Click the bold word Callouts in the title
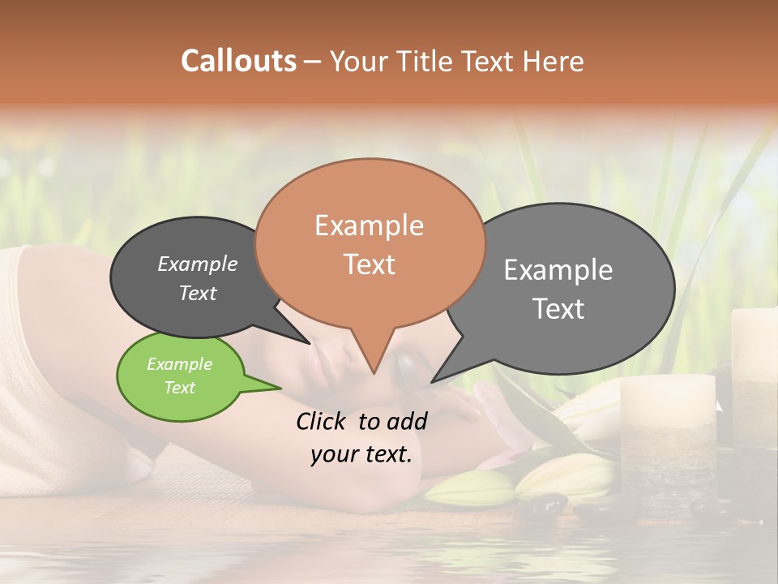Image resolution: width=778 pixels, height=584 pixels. click(238, 61)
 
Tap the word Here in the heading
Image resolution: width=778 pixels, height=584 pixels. click(553, 61)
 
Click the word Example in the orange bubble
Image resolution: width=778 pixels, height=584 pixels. click(369, 225)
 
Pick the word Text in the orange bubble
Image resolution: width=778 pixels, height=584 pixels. click(369, 264)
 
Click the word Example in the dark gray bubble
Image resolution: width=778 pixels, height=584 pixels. click(198, 264)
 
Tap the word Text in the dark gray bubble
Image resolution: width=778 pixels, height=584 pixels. click(198, 293)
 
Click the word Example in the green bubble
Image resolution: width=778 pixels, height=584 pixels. click(179, 364)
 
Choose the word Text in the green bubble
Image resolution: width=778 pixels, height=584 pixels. click(179, 388)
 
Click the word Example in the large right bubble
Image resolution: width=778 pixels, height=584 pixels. click(558, 270)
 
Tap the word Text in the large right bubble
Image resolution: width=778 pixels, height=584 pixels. click(558, 309)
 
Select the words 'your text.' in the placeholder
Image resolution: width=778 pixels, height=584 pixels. click(361, 455)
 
